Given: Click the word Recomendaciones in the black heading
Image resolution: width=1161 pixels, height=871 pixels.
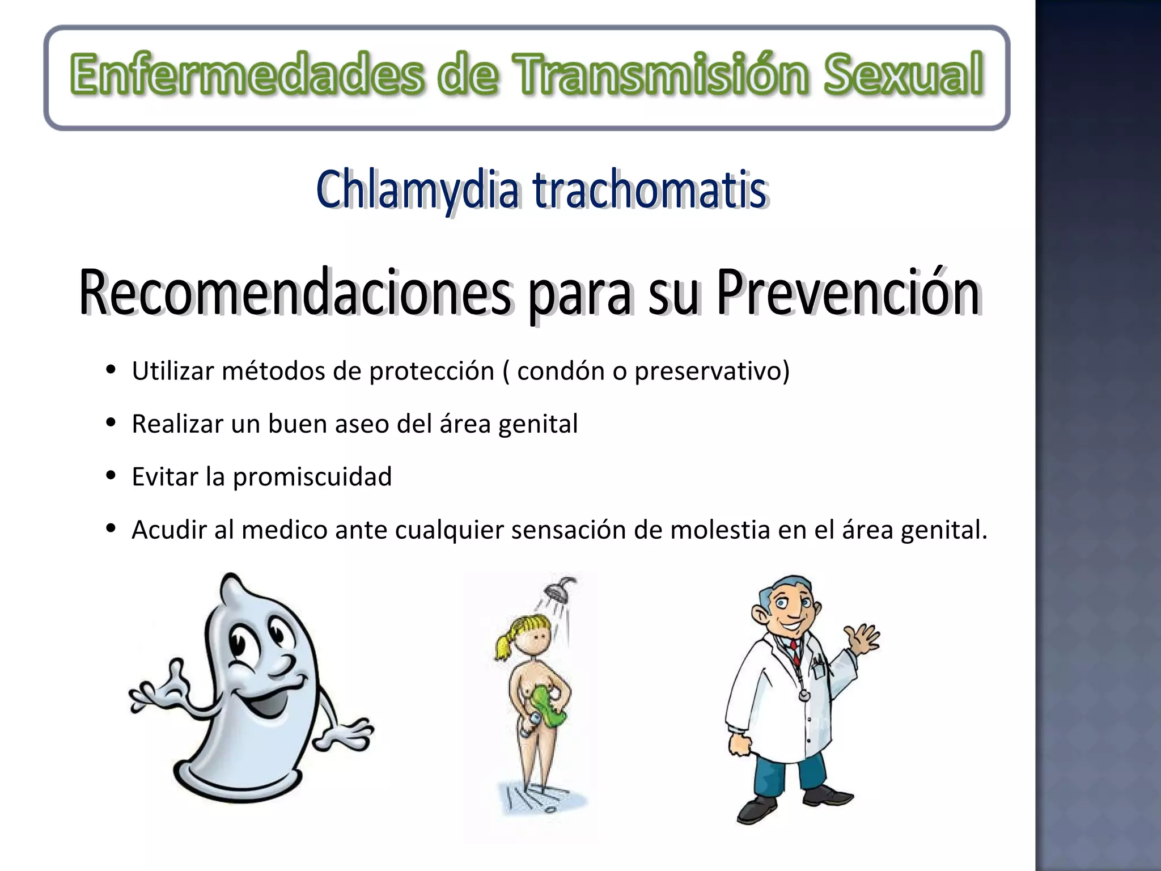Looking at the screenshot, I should coord(295,293).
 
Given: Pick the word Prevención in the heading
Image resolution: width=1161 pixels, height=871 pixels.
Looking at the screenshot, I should coord(848,293).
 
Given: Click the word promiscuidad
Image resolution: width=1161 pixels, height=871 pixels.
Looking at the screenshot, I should coord(312,477).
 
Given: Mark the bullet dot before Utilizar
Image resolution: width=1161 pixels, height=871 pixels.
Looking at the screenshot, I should coord(111,370).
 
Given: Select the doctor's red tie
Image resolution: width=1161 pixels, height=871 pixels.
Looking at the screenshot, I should coord(795,652).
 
